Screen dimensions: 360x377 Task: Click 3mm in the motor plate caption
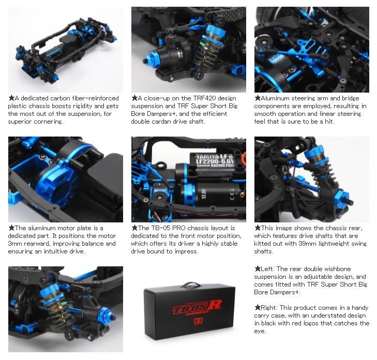(x=15, y=244)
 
